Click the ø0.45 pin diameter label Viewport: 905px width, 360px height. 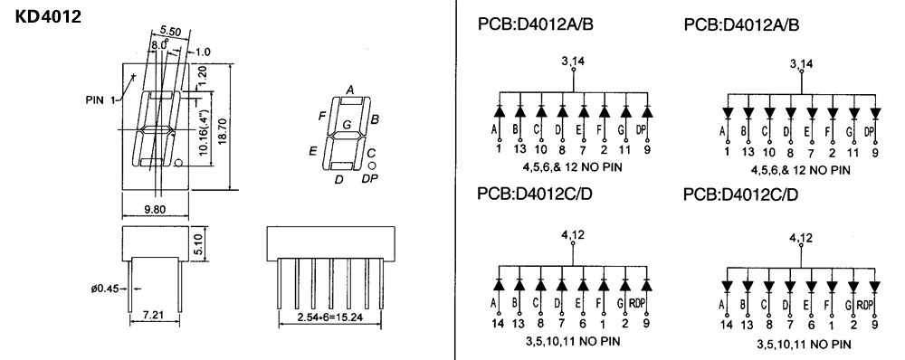click(x=105, y=289)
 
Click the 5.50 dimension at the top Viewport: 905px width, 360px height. click(x=169, y=32)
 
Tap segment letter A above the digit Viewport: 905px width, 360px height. click(x=349, y=89)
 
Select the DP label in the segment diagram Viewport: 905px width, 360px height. click(x=369, y=179)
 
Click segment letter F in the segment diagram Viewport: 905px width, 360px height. click(x=321, y=117)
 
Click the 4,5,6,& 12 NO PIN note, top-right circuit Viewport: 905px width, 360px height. click(x=800, y=169)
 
